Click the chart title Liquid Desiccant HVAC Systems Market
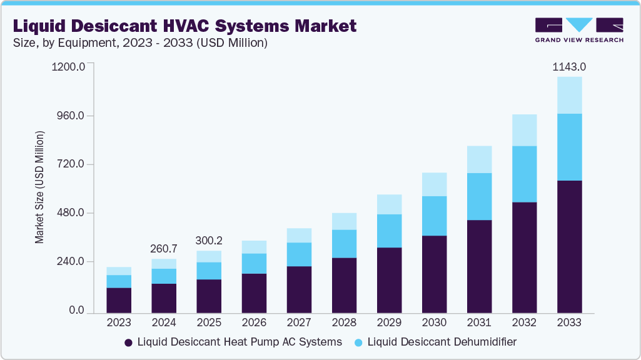(185, 26)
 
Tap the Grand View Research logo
(579, 30)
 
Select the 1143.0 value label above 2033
(569, 67)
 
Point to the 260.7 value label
(164, 249)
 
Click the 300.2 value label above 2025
(209, 241)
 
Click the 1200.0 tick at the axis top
(69, 67)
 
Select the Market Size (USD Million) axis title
(39, 187)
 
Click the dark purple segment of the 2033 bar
(569, 246)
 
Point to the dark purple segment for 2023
(119, 300)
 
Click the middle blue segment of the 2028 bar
(344, 244)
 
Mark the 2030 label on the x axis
(434, 323)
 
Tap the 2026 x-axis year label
(254, 323)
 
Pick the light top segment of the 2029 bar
(389, 204)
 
